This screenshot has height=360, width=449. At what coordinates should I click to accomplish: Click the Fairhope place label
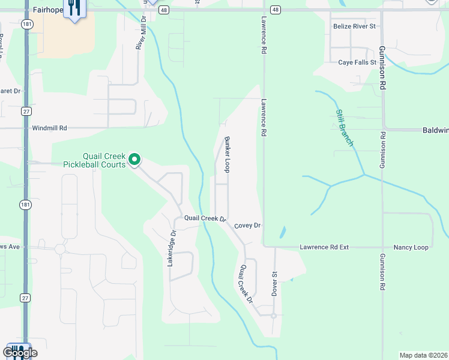pyautogui.click(x=49, y=10)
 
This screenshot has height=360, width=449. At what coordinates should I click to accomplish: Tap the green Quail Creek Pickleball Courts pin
pyautogui.click(x=134, y=159)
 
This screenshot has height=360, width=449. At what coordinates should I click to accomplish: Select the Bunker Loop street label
pyautogui.click(x=228, y=155)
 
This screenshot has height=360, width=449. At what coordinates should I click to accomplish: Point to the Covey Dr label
pyautogui.click(x=247, y=226)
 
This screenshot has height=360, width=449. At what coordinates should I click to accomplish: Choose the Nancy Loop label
pyautogui.click(x=411, y=247)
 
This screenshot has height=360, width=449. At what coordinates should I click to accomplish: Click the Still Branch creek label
pyautogui.click(x=345, y=128)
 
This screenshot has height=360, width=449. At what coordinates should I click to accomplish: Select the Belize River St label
pyautogui.click(x=354, y=26)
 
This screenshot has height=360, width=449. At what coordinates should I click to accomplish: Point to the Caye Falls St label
pyautogui.click(x=357, y=62)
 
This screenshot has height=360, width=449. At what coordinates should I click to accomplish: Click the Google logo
pyautogui.click(x=20, y=353)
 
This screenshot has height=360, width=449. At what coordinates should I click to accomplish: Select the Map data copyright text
pyautogui.click(x=423, y=355)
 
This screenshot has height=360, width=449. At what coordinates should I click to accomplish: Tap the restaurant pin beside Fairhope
pyautogui.click(x=74, y=8)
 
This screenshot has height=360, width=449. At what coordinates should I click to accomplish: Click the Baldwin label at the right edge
pyautogui.click(x=435, y=130)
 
